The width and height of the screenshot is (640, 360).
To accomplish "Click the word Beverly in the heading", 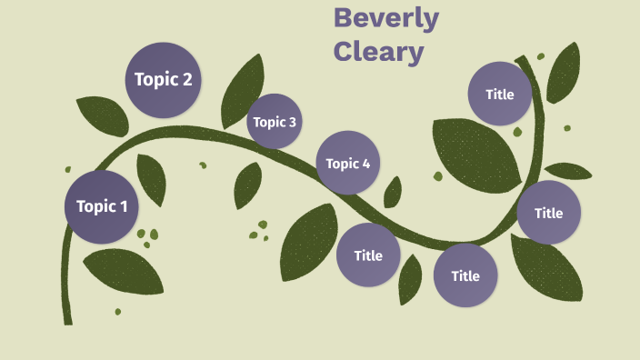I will coord(385,18).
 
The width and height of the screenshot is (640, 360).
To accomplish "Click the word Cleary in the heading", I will coord(378,51).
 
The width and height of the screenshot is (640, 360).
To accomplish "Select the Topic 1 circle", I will coord(101,206).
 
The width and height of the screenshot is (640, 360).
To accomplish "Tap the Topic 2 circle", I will coord(163,79).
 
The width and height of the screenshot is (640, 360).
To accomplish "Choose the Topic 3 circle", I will coord(274,121).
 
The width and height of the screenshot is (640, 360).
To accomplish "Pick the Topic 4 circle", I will coord(347,163).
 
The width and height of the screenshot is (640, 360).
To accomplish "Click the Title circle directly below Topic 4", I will coord(368,255).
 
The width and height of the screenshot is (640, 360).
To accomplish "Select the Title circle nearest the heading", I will coord(499,94).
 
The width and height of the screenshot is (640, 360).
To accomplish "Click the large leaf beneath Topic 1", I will coord(124,270).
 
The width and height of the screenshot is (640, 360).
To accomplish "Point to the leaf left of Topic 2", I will coord(103,115).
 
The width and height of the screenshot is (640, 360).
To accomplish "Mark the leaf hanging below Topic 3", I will coord(247,185).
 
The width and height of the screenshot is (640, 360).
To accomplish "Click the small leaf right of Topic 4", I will coord(393,192).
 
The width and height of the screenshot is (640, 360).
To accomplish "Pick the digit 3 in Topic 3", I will coord(292,122).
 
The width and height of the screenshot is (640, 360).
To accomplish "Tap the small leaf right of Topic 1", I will coord(152,178).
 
